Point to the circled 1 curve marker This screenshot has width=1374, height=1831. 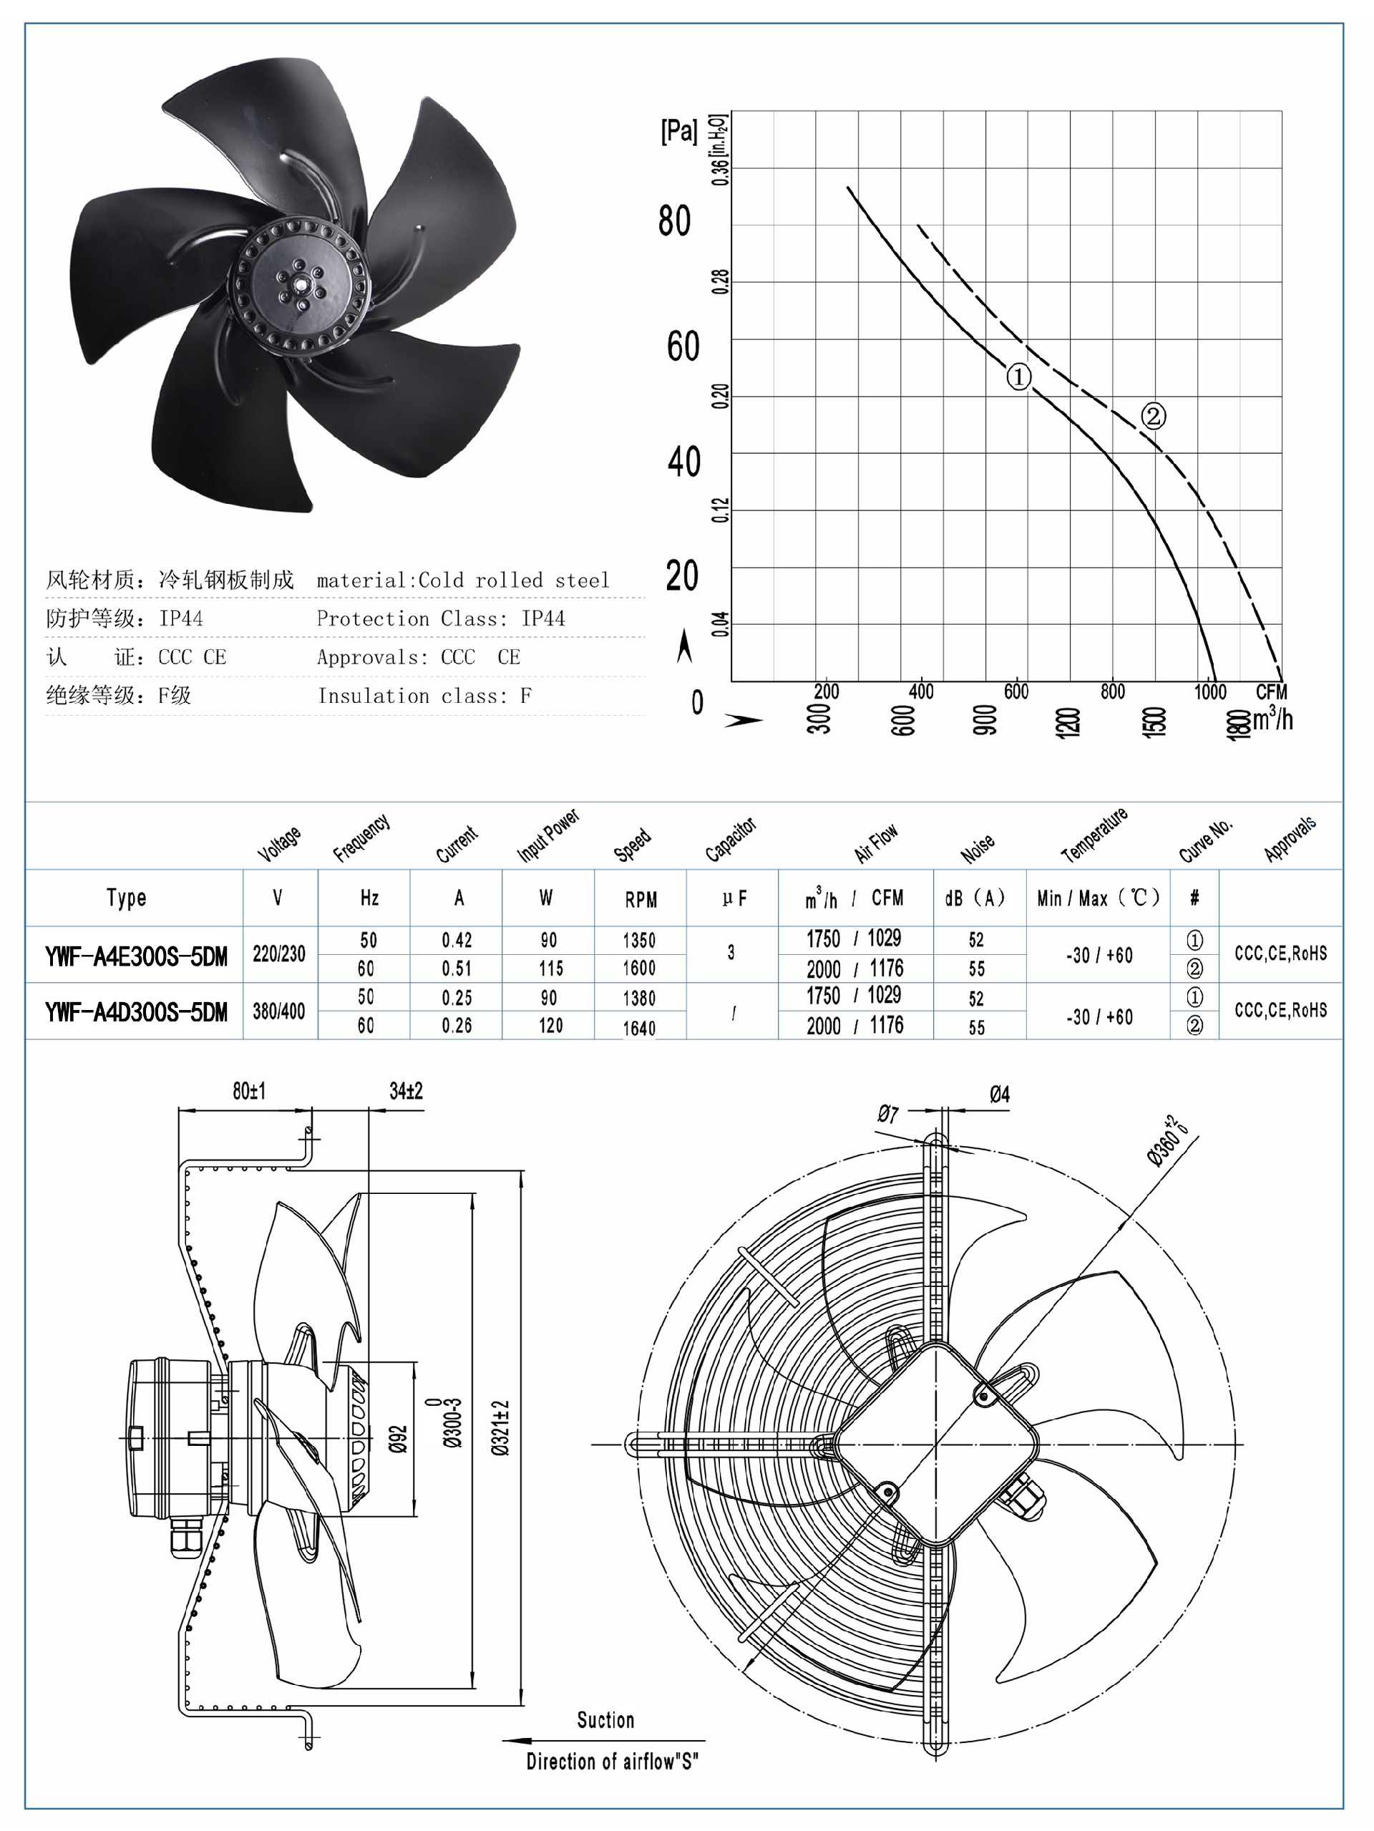coord(1018,377)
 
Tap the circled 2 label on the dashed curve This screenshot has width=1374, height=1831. coord(1153,416)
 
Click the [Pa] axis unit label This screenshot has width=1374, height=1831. coord(678,131)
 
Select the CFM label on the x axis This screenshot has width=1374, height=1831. coord(1270,691)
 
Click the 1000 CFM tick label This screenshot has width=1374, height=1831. coord(1209,691)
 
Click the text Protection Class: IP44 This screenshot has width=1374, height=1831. coord(440,618)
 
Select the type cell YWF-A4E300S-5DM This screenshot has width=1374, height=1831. coord(136,957)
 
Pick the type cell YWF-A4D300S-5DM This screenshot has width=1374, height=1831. coord(136,1012)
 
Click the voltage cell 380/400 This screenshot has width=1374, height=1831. coord(279,1011)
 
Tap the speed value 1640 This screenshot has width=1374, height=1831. coord(639,1028)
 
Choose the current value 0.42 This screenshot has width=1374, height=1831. coord(457,940)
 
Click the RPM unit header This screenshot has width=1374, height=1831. coord(640,899)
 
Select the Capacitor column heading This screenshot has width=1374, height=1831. coord(730,840)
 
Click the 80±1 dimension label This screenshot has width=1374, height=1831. coord(249,1091)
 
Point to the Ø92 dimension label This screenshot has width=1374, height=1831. coord(399,1439)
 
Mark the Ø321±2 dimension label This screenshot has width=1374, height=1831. coord(501,1428)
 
